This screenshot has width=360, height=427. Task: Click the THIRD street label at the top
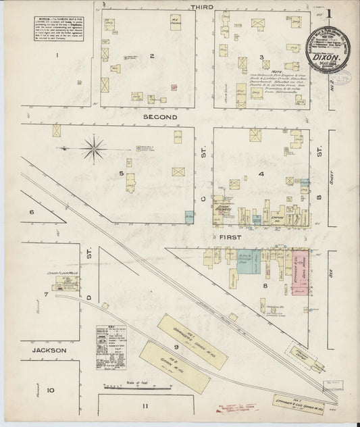point(202,6)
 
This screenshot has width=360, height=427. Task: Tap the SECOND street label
point(159,116)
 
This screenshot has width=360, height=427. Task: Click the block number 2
point(153,56)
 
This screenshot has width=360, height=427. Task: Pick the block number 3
point(261,57)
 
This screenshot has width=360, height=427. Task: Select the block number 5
point(122,174)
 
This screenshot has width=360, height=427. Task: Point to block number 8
point(265,285)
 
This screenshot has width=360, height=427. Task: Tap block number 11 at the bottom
point(145,405)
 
